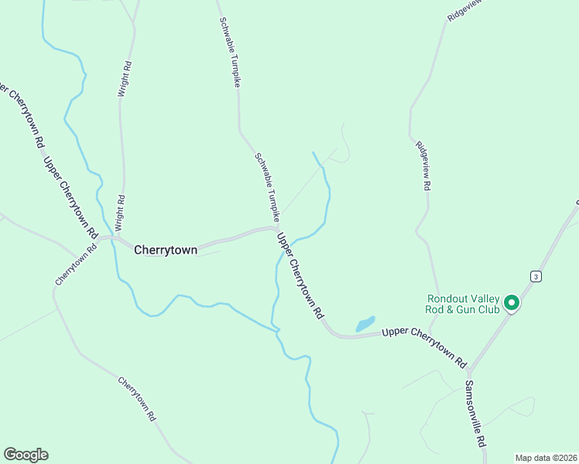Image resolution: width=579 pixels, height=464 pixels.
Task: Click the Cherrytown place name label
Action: [166, 250]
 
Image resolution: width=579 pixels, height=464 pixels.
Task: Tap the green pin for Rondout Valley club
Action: [511, 303]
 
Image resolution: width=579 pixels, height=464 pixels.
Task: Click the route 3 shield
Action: [535, 276]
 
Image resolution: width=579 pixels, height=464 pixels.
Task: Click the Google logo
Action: [26, 455]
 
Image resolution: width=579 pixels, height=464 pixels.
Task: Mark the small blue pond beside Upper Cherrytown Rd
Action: [365, 324]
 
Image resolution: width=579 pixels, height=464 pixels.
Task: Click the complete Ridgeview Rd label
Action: [423, 166]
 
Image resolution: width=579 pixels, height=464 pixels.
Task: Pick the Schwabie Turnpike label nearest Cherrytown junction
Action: [266, 186]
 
